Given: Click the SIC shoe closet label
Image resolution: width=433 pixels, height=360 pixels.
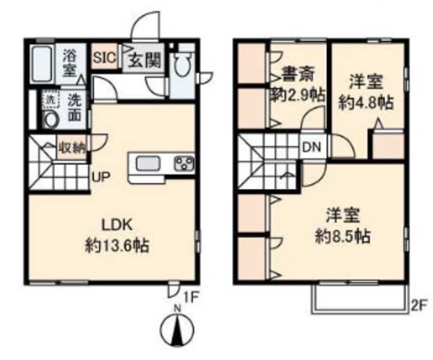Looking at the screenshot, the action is (x=104, y=58).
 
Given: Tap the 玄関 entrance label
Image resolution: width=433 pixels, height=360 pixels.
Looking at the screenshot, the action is (x=144, y=59).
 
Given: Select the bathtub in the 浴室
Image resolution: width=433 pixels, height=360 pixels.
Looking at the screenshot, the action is (x=42, y=64).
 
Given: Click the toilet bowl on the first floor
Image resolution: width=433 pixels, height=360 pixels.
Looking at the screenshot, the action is (x=182, y=64).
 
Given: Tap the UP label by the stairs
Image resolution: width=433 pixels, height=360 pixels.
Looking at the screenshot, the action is (x=101, y=177).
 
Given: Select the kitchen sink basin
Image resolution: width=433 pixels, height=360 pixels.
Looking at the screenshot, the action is (x=147, y=164).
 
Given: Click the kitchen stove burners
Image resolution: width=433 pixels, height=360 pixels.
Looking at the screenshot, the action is (x=183, y=163).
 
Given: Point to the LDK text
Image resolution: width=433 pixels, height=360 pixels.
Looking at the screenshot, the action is (x=117, y=225).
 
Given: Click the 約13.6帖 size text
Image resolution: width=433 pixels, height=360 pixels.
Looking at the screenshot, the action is (x=117, y=245).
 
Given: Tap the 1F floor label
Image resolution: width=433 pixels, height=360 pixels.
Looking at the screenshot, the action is (x=191, y=298).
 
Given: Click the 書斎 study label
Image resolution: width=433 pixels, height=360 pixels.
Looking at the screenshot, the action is (x=298, y=74).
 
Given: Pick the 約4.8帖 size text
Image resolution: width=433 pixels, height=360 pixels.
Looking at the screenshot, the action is (x=366, y=103).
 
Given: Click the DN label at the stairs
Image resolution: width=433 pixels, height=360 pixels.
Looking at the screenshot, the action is (x=312, y=148).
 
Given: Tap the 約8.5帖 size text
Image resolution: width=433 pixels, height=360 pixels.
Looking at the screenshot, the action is (x=343, y=236).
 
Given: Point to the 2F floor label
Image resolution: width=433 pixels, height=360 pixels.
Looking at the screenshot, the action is (x=419, y=306).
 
